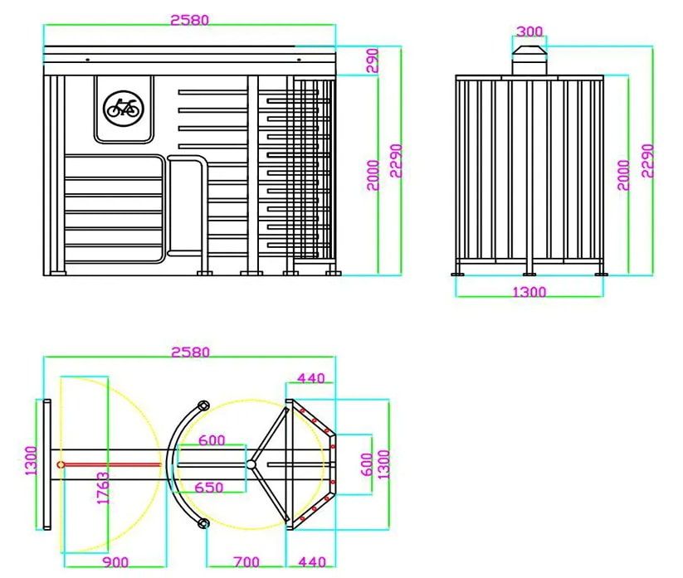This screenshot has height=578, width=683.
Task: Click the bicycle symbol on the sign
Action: click(x=123, y=108)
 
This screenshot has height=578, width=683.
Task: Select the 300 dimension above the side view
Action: click(x=529, y=32)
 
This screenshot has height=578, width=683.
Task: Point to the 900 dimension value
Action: click(x=115, y=563)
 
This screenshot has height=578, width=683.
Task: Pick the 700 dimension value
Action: click(x=246, y=563)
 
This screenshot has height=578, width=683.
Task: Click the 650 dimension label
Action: click(x=209, y=488)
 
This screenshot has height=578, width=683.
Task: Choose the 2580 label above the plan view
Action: click(x=189, y=352)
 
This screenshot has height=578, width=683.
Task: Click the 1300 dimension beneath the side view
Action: click(x=529, y=292)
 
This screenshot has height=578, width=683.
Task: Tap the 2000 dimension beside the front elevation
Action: click(x=373, y=175)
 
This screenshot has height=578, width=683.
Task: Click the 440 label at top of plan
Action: click(x=310, y=378)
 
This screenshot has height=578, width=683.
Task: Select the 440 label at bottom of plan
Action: click(x=310, y=563)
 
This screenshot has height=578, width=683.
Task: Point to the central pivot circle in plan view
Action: click(x=251, y=464)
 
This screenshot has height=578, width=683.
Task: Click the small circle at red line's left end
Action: click(x=61, y=464)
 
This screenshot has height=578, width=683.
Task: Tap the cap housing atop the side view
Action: click(x=529, y=60)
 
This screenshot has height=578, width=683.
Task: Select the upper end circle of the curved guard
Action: click(x=201, y=405)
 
